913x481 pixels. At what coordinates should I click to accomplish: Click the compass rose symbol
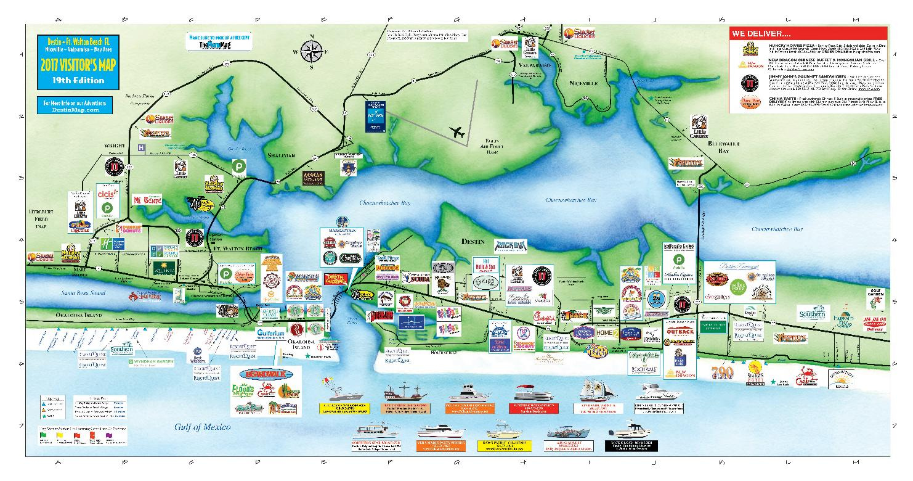pos(312,52)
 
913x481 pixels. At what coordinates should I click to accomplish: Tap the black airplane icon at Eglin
pos(458,131)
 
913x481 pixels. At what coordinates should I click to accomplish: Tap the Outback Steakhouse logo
pos(680,331)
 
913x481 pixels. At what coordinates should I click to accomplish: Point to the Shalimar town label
pos(284,155)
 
